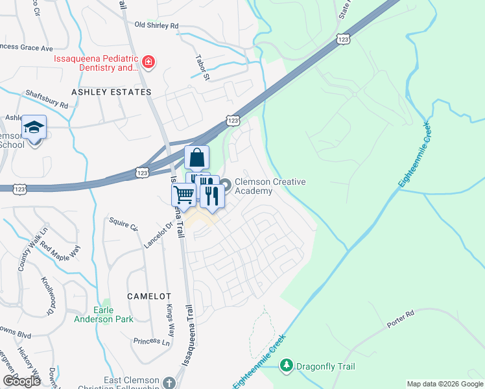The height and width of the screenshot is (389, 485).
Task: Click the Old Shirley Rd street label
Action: pos(156,25)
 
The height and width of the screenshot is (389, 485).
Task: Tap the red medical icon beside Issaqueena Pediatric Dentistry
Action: pos(148,62)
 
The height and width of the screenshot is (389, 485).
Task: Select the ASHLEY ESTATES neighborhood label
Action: pos(111,92)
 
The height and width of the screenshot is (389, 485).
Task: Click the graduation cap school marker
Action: pos(34,128)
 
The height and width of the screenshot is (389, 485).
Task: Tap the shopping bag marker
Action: pos(196,158)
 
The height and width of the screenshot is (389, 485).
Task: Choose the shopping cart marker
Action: pos(183,193)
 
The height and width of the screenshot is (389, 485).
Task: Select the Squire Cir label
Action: pos(124,228)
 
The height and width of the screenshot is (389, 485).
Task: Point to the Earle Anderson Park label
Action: pos(113,314)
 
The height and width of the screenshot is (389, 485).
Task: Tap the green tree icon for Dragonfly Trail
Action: pos(286,366)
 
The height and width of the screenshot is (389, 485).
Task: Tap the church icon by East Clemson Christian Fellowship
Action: pos(169,382)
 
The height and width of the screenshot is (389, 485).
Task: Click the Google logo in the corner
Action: pos(21,381)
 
